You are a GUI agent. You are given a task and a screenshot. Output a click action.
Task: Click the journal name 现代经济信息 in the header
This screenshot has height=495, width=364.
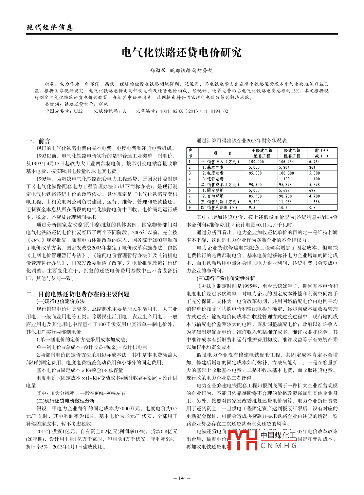pyautogui.click(x=50, y=28)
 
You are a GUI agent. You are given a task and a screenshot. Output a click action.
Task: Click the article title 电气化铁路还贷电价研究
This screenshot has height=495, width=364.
pyautogui.click(x=182, y=53)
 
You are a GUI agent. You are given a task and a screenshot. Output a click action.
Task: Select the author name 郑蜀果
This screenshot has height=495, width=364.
pyautogui.click(x=158, y=70)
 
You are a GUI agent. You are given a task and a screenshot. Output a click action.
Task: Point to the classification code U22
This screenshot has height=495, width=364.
pyautogui.click(x=78, y=111)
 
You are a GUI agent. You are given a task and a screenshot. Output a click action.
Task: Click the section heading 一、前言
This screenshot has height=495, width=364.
pyautogui.click(x=38, y=141)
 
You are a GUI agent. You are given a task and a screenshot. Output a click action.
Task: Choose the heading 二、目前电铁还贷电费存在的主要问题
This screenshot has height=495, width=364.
pyautogui.click(x=78, y=294)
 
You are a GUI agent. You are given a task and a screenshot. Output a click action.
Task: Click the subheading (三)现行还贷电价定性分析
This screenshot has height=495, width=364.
pyautogui.click(x=225, y=278)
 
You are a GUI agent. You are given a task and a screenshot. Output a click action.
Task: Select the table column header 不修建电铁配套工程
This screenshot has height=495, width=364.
pyautogui.click(x=262, y=153)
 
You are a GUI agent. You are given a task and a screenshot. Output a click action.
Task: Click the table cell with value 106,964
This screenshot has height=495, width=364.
pyautogui.click(x=286, y=162)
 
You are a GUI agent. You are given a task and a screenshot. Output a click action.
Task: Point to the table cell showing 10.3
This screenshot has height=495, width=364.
pyautogui.click(x=283, y=208)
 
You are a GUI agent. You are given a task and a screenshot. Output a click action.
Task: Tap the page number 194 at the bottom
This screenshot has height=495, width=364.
pyautogui.click(x=182, y=478)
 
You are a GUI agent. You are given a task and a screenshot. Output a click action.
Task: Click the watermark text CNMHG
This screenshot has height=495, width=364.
pyautogui.click(x=279, y=446)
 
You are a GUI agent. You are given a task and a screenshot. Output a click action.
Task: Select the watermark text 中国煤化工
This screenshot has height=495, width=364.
pyautogui.click(x=278, y=435)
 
